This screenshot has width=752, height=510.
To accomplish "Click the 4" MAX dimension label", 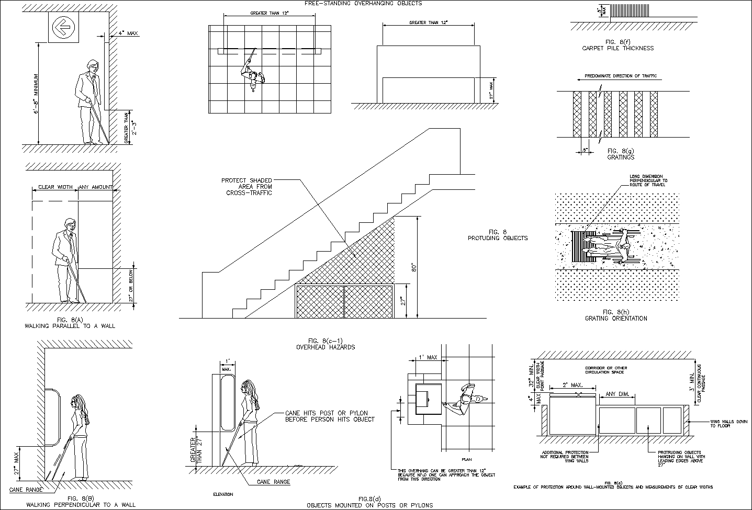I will tap(128, 33).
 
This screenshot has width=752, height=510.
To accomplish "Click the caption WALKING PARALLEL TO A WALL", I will tap(70, 326).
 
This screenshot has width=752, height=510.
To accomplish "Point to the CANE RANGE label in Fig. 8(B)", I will tap(25, 490).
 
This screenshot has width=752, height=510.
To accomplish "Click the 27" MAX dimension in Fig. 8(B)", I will tap(17, 462).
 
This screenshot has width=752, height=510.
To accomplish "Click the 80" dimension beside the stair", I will tap(413, 267).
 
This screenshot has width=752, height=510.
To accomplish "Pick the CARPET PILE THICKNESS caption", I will tap(618, 48).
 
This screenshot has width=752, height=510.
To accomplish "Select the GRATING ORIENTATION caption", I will tap(616, 318).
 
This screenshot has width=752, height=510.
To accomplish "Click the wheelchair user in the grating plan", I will tap(612, 245).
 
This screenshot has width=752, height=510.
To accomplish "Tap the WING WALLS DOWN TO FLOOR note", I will tap(723, 423).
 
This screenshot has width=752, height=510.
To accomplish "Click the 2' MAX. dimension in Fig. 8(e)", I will tap(573, 385).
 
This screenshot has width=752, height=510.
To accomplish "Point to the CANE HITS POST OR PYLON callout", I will tap(329, 415).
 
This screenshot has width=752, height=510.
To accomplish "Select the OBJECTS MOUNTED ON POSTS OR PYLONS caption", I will tap(370, 505).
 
